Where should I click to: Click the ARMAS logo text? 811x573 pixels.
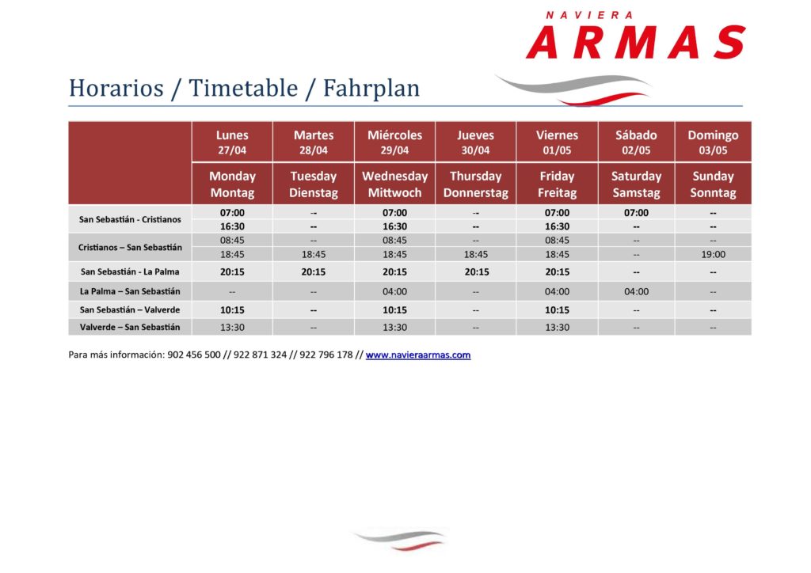[636, 43]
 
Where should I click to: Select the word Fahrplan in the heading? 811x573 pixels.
[371, 88]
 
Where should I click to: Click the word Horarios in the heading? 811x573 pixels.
[116, 88]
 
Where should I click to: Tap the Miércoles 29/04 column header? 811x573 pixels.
[394, 142]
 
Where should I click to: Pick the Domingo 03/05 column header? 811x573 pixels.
[713, 142]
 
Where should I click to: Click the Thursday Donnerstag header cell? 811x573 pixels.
[476, 184]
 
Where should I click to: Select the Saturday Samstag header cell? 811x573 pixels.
[636, 184]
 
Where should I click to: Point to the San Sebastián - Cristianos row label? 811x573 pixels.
[130, 219]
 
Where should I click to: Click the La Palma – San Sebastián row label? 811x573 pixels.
[130, 291]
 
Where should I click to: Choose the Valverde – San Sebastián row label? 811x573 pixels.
[130, 327]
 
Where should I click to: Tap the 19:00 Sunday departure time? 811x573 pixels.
[713, 254]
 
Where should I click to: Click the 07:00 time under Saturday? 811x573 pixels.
[636, 213]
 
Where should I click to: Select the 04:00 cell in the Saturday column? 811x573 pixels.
[636, 291]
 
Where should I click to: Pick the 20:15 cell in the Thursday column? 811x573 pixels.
[476, 271]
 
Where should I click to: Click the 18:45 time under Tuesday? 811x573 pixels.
[314, 254]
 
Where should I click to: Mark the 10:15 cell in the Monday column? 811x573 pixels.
[232, 310]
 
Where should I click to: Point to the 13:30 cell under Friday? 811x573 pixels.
[557, 327]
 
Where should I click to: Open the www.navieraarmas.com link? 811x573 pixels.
[418, 355]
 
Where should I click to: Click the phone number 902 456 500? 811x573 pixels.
[194, 355]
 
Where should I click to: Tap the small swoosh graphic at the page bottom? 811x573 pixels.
[399, 540]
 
